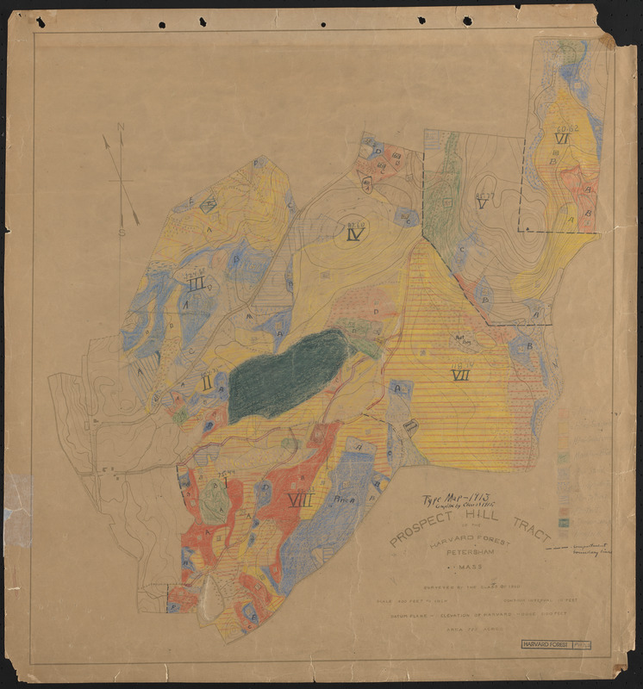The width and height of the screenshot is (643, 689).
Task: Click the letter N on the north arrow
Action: click(121, 127)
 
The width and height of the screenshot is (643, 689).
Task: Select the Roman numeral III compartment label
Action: click(197, 284)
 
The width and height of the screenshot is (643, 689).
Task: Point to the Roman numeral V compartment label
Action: click(482, 205)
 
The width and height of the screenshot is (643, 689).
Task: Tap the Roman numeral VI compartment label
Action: click(563, 139)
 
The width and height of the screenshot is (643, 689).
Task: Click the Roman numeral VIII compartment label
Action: click(300, 500)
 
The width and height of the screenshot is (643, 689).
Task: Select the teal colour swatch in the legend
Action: click(564, 522)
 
